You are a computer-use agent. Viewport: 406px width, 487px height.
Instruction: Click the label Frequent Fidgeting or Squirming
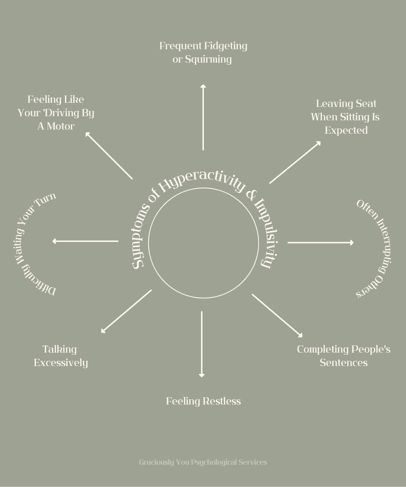pyautogui.click(x=203, y=52)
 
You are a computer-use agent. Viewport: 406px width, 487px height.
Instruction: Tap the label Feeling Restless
pyautogui.click(x=203, y=401)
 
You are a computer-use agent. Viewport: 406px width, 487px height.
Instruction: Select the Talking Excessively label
pyautogui.click(x=61, y=356)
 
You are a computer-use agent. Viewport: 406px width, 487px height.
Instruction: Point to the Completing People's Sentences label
pyautogui.click(x=343, y=356)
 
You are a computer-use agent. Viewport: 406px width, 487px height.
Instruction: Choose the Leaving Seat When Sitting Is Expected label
pyautogui.click(x=345, y=117)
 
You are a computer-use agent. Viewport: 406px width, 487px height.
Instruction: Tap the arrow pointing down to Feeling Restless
pyautogui.click(x=202, y=344)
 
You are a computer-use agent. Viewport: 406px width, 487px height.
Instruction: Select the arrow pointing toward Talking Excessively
pyautogui.click(x=127, y=311)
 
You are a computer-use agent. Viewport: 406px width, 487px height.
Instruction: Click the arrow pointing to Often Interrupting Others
pyautogui.click(x=320, y=243)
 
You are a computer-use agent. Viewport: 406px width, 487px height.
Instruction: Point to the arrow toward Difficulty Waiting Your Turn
pyautogui.click(x=86, y=241)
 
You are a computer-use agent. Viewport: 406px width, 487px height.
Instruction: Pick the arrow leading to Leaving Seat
pyautogui.click(x=295, y=162)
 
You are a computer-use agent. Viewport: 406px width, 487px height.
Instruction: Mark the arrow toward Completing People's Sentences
pyautogui.click(x=277, y=315)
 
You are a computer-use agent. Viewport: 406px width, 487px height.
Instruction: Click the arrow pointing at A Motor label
pyautogui.click(x=109, y=156)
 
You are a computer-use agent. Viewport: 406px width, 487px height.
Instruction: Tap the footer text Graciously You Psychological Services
pyautogui.click(x=203, y=462)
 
